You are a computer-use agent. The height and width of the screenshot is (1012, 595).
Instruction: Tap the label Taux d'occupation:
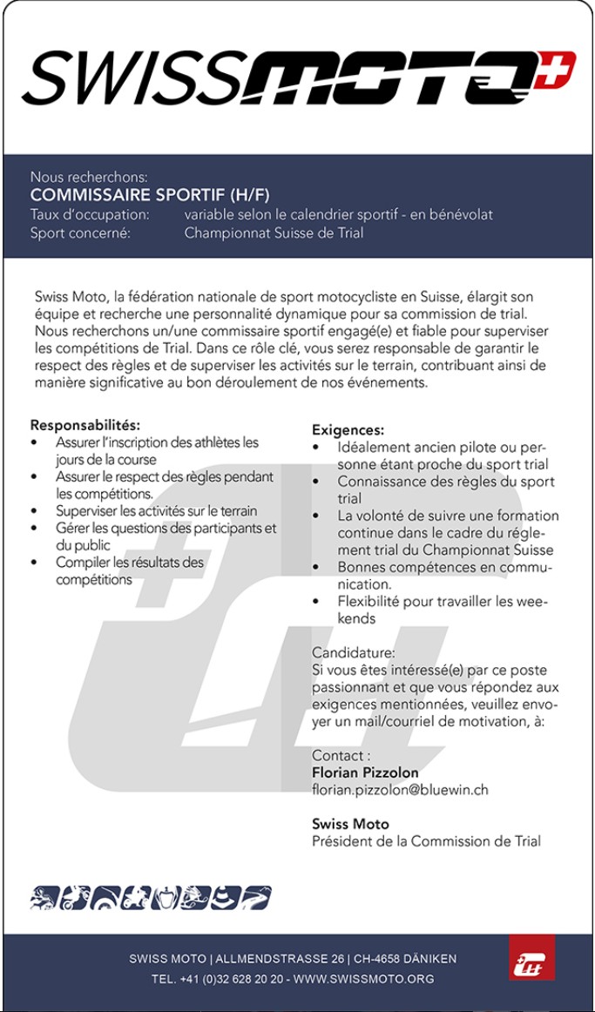pyautogui.click(x=90, y=214)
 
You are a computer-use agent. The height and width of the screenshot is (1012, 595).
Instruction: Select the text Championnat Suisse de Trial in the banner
pyautogui.click(x=274, y=233)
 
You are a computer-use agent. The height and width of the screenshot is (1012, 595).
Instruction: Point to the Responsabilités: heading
pyautogui.click(x=85, y=425)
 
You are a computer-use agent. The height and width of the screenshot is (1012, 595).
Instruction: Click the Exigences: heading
pyautogui.click(x=348, y=430)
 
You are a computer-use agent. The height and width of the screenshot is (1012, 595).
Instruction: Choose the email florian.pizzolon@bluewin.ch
pyautogui.click(x=400, y=790)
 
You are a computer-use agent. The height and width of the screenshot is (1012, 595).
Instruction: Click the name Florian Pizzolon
pyautogui.click(x=365, y=772)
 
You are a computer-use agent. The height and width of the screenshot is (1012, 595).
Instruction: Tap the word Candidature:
pyautogui.click(x=354, y=652)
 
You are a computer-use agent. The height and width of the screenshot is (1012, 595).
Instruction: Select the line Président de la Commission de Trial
pyautogui.click(x=426, y=841)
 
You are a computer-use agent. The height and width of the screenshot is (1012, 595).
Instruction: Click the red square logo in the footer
pyautogui.click(x=531, y=957)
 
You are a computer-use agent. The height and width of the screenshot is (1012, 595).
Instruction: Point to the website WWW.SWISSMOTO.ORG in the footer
pyautogui.click(x=364, y=979)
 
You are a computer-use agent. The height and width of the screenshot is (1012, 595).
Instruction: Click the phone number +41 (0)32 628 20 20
pyautogui.click(x=231, y=979)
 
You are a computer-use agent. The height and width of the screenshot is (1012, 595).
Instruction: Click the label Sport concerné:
pyautogui.click(x=80, y=233)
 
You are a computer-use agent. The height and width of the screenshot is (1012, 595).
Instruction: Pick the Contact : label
pyautogui.click(x=341, y=755)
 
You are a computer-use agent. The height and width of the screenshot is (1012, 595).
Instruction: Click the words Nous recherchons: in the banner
pyautogui.click(x=89, y=177)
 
